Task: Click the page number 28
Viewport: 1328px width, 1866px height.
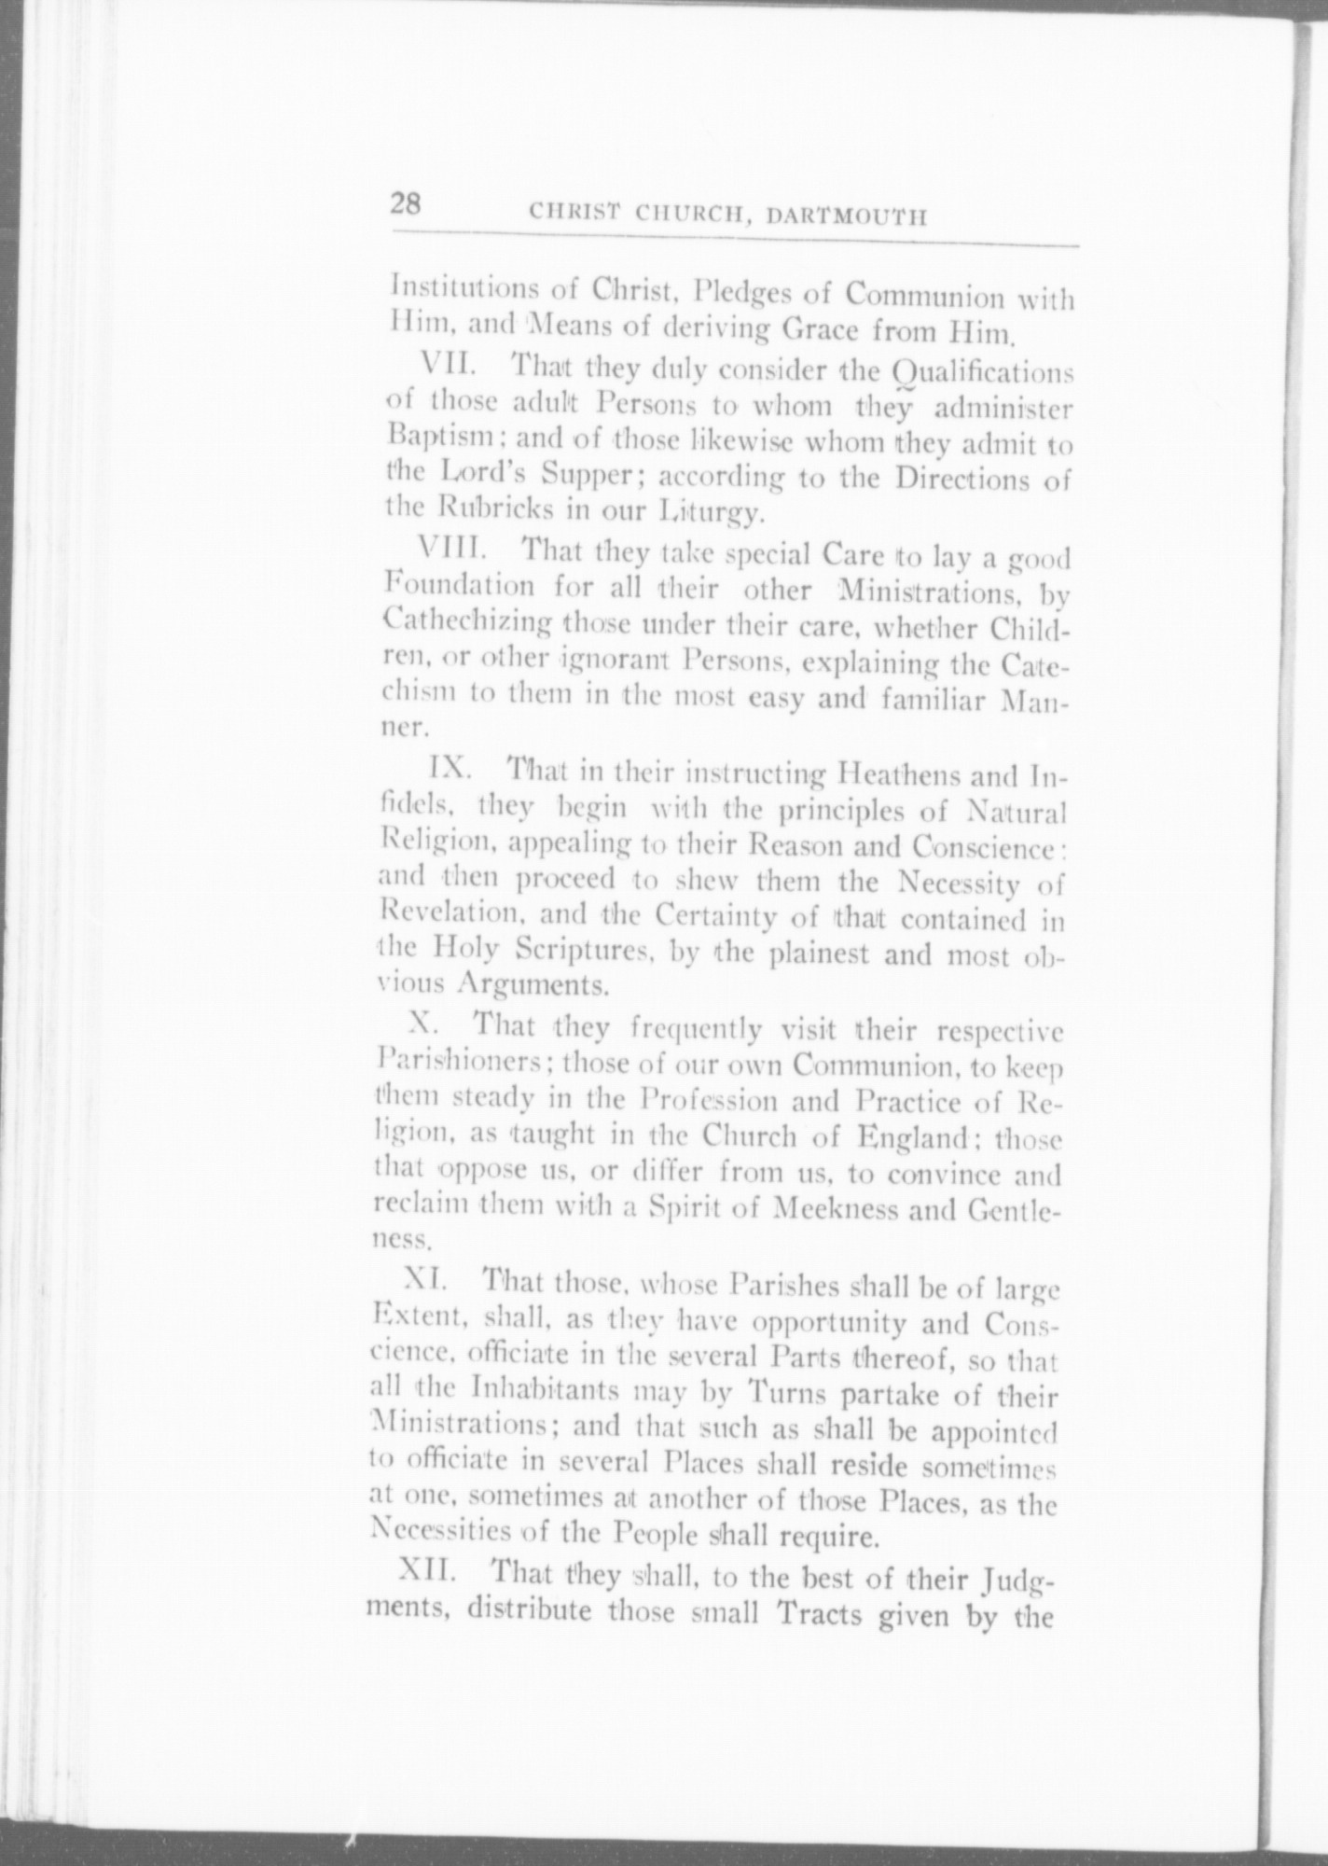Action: pyautogui.click(x=407, y=204)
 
